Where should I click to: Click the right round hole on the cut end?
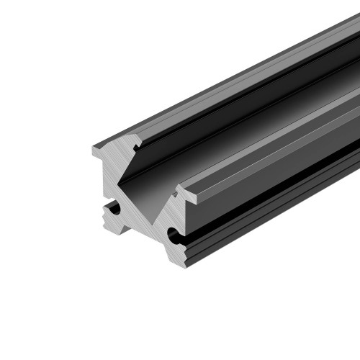(x=174, y=235)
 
